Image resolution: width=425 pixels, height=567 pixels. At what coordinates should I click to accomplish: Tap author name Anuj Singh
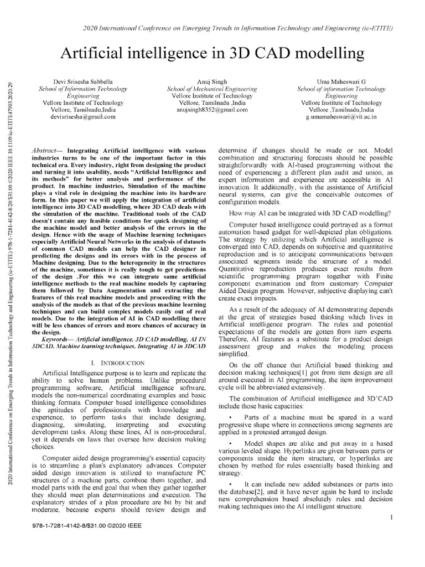click(212, 81)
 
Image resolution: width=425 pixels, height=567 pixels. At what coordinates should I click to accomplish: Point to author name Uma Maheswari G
click(341, 81)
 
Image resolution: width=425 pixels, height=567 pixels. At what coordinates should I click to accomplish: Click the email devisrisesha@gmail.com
click(79, 117)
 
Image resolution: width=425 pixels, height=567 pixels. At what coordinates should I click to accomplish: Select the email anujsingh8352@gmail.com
click(212, 110)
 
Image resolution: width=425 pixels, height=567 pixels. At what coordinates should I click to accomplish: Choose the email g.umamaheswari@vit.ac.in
click(341, 117)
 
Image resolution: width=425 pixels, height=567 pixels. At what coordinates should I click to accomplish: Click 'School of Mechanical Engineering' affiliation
click(212, 89)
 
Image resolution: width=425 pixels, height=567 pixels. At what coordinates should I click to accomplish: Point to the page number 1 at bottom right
click(391, 517)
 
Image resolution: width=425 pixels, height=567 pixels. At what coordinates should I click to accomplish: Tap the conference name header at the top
click(212, 28)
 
